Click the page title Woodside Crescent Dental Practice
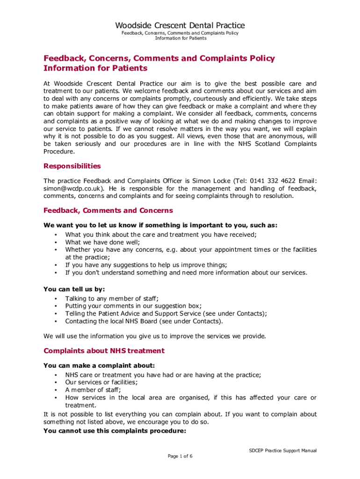(x=180, y=25)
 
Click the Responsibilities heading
(x=72, y=166)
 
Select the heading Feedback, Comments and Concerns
(x=108, y=210)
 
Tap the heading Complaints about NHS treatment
(x=104, y=350)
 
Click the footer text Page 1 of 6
(x=180, y=456)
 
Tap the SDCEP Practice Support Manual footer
(x=283, y=450)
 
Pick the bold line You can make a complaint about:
(x=99, y=365)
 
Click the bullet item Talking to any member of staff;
(x=112, y=298)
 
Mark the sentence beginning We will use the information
(x=155, y=336)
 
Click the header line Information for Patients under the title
(x=180, y=38)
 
